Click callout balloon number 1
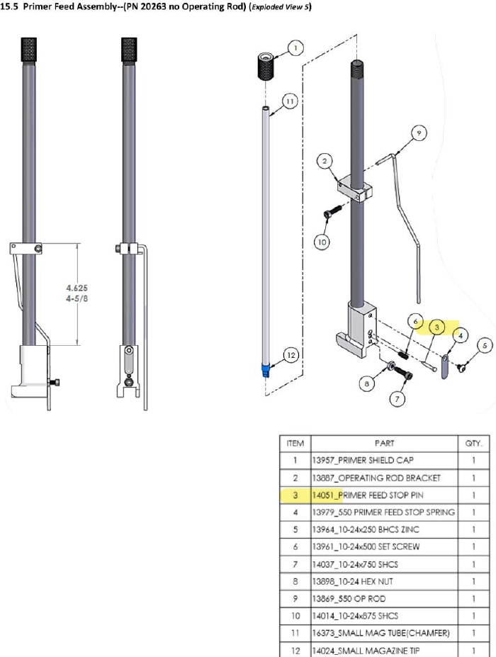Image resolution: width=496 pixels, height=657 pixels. [295, 48]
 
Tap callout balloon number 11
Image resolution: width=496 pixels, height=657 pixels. [288, 101]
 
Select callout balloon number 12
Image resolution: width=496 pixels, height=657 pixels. [291, 354]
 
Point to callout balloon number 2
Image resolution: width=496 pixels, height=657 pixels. [325, 162]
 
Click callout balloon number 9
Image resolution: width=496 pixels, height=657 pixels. [419, 132]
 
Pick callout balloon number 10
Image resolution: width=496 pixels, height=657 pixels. [322, 242]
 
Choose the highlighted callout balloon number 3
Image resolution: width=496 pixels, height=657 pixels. [438, 327]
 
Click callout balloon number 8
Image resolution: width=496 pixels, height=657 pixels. [366, 383]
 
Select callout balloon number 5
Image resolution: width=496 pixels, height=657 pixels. [485, 345]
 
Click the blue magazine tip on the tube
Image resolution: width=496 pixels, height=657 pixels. [266, 370]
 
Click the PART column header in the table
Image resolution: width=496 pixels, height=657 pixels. [385, 443]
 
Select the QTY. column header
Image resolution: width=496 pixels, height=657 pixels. [473, 443]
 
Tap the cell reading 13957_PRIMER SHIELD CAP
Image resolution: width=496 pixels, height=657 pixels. [385, 461]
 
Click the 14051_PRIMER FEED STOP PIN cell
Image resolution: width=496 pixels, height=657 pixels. [385, 495]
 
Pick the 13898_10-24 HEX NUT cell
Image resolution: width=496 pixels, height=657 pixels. [385, 582]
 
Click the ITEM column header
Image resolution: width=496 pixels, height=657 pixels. [295, 443]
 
